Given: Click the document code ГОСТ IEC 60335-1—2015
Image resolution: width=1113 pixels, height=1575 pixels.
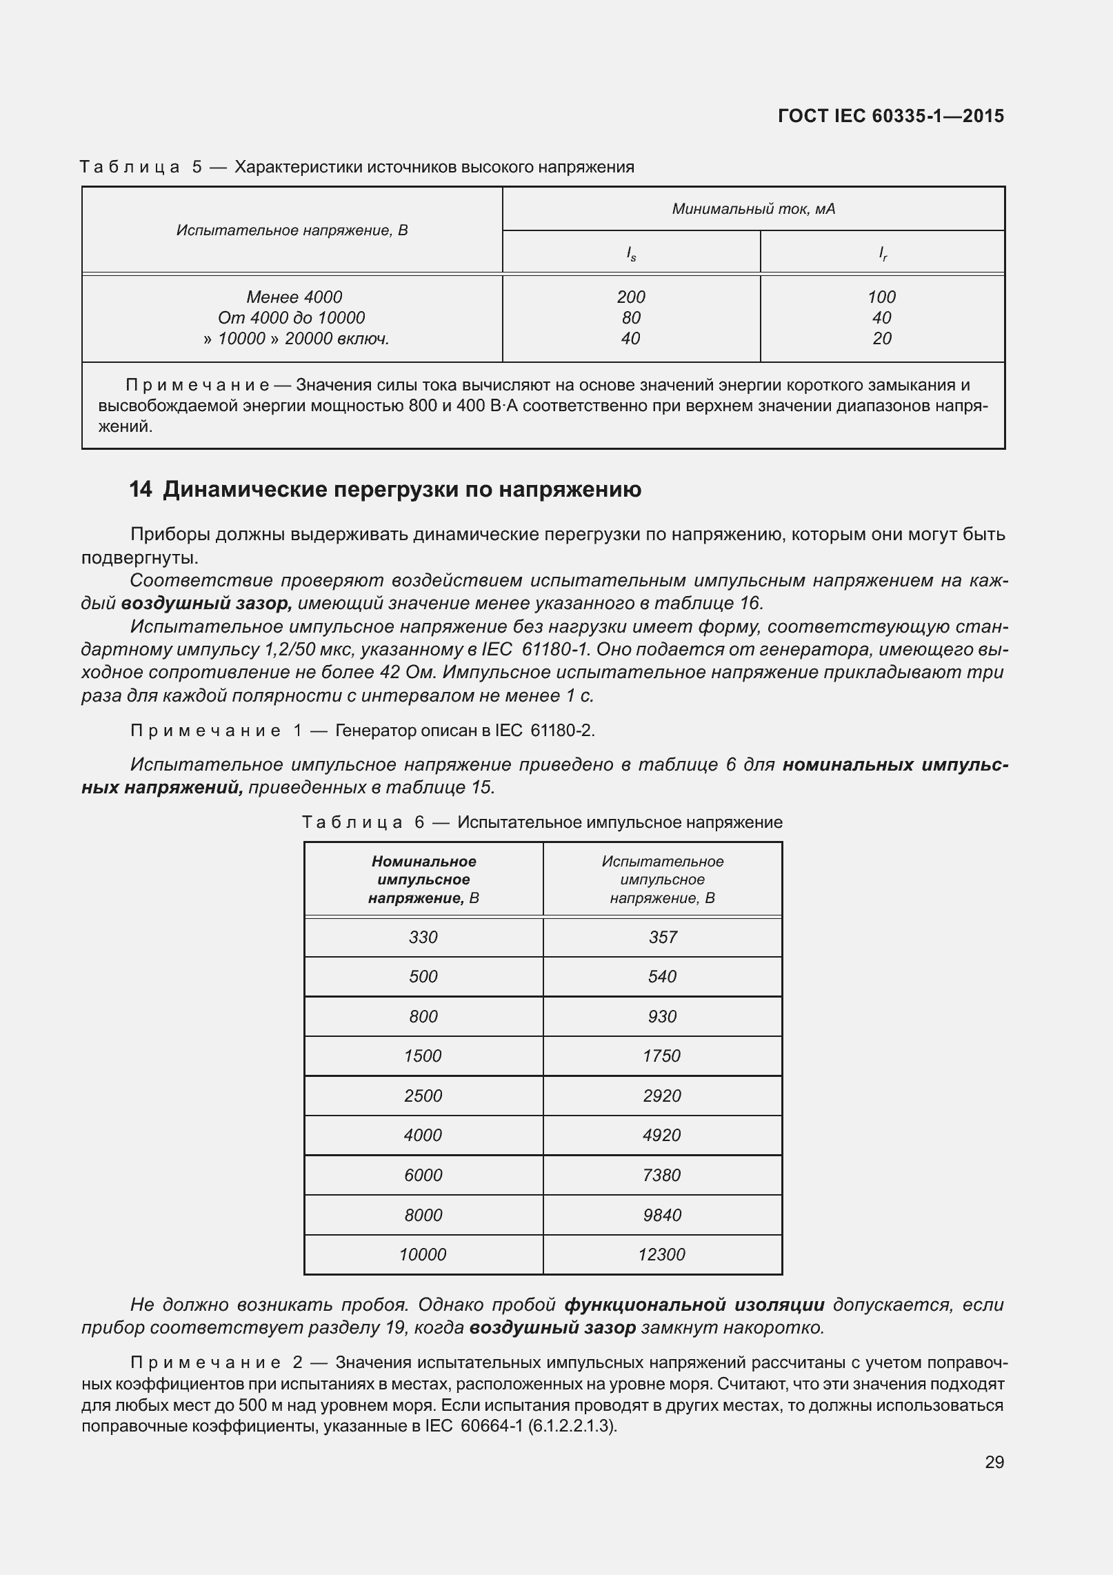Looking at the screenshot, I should coord(890,116).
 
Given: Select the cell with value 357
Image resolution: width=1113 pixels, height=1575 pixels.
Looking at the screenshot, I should coord(662,937).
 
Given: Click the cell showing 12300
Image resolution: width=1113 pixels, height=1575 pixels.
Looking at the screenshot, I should coord(662,1254).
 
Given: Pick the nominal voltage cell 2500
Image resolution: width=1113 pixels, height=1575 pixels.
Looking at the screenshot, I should coord(423,1096).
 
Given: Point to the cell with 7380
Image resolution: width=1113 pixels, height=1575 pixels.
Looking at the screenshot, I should coord(662,1175).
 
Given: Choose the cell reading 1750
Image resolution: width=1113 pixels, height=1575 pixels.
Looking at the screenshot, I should coord(662,1056).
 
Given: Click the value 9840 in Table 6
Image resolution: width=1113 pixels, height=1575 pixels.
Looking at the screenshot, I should coord(662,1215).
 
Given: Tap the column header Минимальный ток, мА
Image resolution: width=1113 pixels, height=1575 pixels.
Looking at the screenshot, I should coord(753,208).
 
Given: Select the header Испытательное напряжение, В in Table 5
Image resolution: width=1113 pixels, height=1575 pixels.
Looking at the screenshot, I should coord(292,230).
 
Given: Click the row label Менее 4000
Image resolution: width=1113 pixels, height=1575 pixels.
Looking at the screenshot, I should coord(294,297).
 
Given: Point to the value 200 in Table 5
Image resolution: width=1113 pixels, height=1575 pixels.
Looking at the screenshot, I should coord(630,297).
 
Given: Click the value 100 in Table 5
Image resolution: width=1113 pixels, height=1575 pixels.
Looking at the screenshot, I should coord(881,297).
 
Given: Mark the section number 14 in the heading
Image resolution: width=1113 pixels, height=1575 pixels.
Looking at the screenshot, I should coord(140,490).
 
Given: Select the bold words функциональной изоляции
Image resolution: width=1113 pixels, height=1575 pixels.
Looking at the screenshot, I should coord(694,1305).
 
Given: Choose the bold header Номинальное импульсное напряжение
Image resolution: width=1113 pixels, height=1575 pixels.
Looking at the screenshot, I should coord(423,880).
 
